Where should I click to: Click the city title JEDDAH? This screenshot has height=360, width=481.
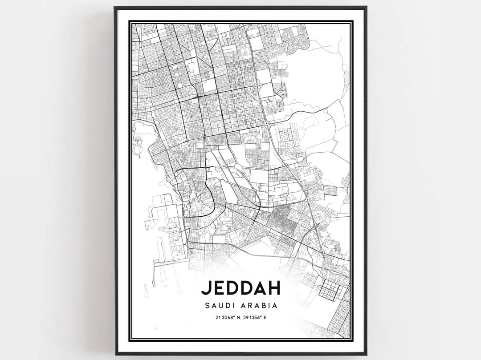[x=240, y=287]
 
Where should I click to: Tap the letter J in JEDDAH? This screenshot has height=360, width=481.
[x=206, y=287]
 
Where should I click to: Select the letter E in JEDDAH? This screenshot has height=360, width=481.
[x=219, y=287]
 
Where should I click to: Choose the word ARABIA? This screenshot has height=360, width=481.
[x=261, y=306]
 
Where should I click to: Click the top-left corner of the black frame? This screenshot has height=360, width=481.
[x=115, y=7]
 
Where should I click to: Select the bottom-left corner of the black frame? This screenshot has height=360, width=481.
[x=115, y=354]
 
